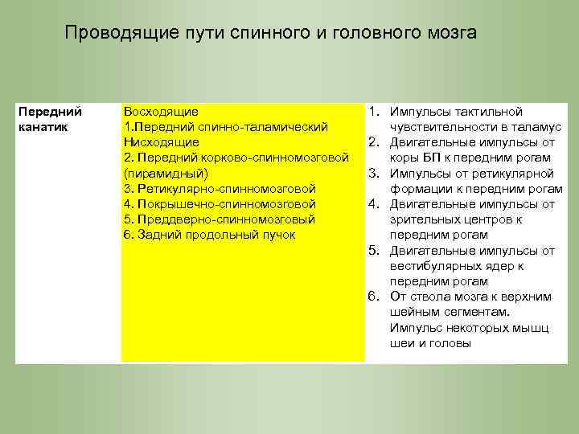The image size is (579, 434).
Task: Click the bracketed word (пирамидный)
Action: coord(166,173)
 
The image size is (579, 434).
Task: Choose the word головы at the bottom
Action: coord(451,343)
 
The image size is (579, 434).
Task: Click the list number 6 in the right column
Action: coord(373,297)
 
